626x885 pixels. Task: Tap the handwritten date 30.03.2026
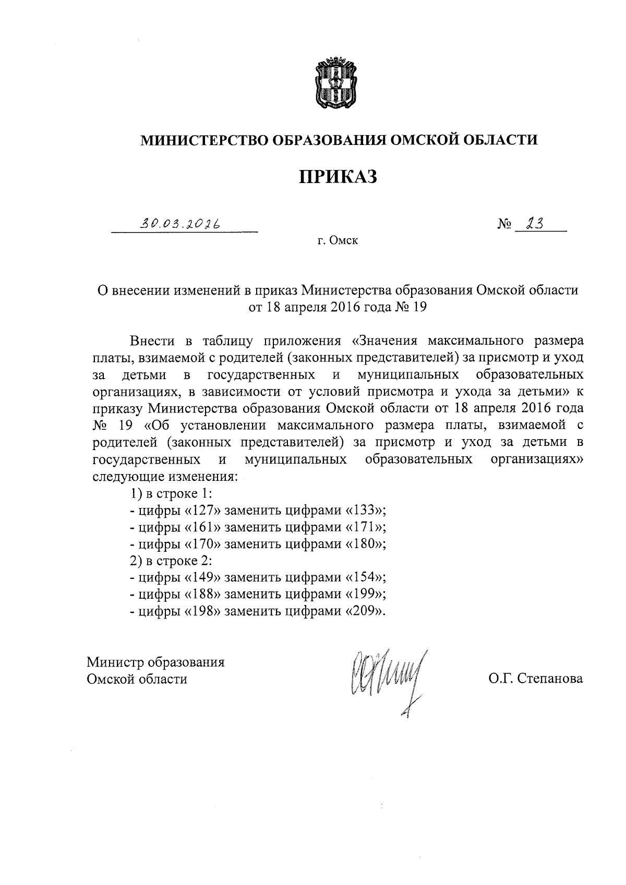[x=179, y=224]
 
